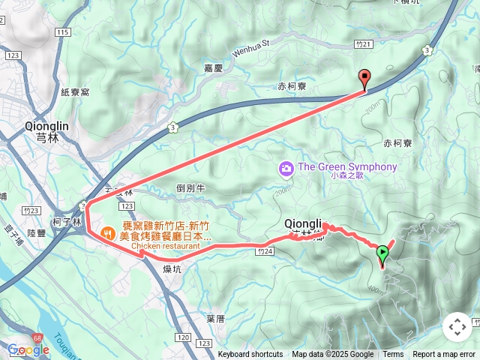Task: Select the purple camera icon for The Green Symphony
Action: [x=286, y=168]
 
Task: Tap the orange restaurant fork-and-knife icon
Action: [x=108, y=232]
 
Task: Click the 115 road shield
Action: [x=62, y=32]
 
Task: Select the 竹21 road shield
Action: [x=365, y=44]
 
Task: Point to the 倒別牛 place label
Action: [x=190, y=188]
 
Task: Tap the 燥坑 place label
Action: [x=172, y=268]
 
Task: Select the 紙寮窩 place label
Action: [x=75, y=91]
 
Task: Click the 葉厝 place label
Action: [x=215, y=319]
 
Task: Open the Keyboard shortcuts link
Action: [x=250, y=355]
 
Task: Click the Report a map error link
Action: [x=445, y=355]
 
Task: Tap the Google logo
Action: [x=28, y=349]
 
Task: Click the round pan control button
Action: [x=457, y=327]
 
